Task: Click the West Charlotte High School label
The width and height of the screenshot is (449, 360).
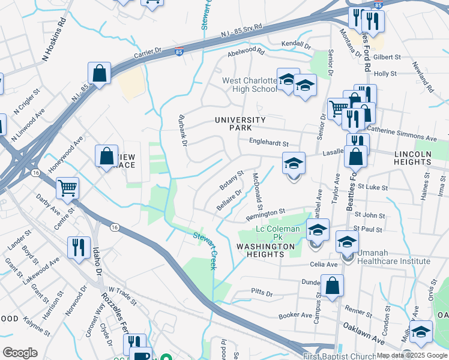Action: click(x=249, y=85)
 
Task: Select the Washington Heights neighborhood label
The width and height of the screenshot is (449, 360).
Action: click(x=265, y=250)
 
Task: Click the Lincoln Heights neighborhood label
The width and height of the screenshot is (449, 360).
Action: click(x=412, y=158)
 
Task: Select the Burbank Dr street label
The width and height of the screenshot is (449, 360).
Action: click(x=183, y=130)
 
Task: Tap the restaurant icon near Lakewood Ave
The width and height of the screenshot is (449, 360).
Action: click(x=79, y=247)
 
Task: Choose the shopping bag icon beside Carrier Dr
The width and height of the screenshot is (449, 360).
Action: click(x=99, y=73)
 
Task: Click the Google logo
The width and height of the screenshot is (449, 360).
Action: click(x=20, y=353)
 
